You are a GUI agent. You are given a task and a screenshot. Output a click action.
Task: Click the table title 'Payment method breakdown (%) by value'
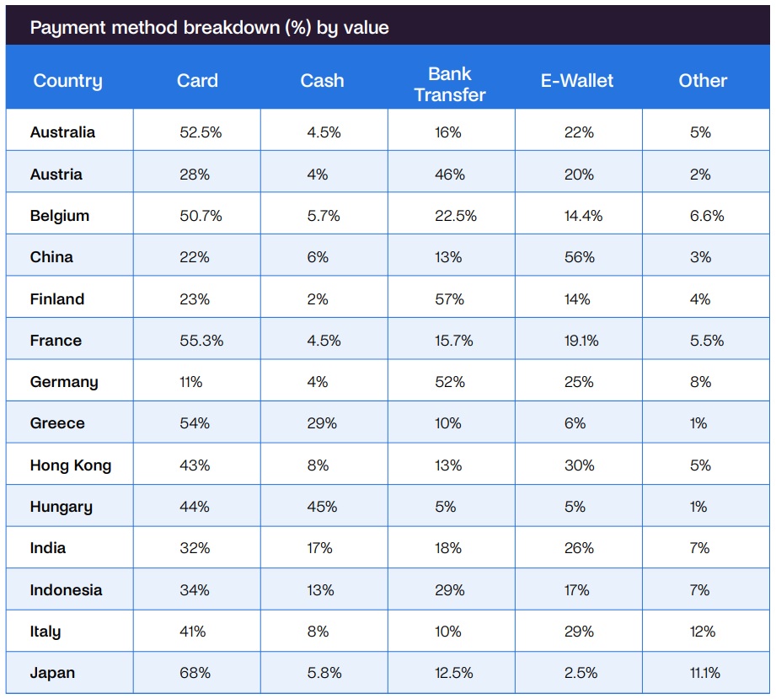[209, 28]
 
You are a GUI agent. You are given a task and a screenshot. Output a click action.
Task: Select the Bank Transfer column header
[450, 84]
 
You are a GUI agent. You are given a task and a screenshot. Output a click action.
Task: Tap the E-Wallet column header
[577, 81]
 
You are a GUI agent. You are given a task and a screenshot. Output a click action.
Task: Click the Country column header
[67, 82]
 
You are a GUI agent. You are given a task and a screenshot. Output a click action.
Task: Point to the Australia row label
[62, 132]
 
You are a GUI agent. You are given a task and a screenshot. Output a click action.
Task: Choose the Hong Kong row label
[70, 465]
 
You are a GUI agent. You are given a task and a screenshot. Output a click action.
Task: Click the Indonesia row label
[66, 590]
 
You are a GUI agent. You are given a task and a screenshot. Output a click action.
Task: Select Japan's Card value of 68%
[195, 673]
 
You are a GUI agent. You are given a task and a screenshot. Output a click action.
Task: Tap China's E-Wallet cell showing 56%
[579, 257]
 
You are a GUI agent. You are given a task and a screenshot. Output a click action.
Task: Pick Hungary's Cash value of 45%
[322, 507]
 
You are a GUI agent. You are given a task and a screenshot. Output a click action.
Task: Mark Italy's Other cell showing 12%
[700, 632]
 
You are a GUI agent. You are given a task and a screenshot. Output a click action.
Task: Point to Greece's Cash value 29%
[322, 423]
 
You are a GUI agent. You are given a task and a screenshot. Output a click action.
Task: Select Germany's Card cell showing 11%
[190, 382]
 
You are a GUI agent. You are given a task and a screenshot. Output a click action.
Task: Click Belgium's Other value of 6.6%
[706, 216]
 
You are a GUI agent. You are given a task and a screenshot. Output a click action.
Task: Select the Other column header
[703, 81]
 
